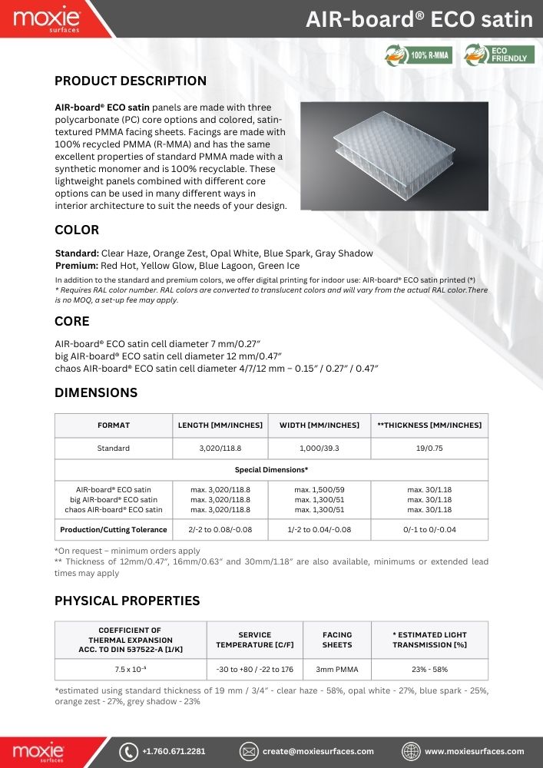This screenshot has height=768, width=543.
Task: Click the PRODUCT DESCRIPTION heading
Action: click(x=131, y=81)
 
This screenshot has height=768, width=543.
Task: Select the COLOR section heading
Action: click(x=77, y=230)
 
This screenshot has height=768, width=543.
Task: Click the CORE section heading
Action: click(x=72, y=321)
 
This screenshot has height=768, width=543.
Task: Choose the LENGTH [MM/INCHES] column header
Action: click(x=220, y=425)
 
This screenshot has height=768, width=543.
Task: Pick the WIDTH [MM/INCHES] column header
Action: click(x=319, y=425)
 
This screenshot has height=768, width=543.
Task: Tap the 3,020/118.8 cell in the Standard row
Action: click(x=220, y=449)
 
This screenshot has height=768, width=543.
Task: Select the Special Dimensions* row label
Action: click(x=271, y=469)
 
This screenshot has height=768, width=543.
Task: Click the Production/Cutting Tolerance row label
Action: click(x=114, y=530)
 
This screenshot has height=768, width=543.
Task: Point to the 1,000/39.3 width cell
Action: click(x=319, y=449)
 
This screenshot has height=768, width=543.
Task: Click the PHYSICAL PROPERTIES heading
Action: click(x=127, y=601)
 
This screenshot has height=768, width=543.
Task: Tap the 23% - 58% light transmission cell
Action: click(x=429, y=670)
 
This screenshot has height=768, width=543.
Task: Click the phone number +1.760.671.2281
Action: click(x=174, y=751)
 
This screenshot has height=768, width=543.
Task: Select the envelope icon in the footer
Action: click(x=248, y=751)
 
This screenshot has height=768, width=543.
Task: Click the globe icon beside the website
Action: click(x=412, y=751)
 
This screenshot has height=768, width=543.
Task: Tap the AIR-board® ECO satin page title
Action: click(x=419, y=19)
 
